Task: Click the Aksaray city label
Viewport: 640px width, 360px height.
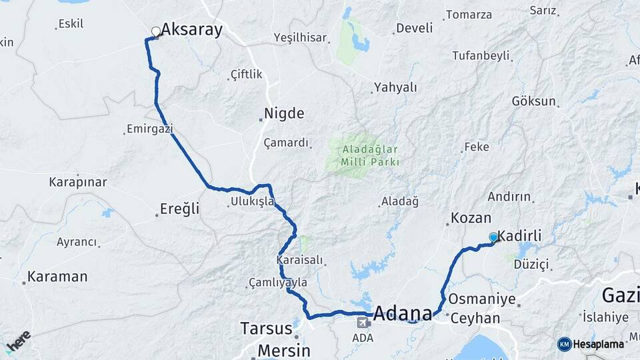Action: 191,29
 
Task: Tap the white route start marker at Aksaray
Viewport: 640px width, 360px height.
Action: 155,31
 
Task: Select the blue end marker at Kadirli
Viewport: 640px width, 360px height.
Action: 493,237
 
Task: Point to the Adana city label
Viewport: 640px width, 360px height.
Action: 403,313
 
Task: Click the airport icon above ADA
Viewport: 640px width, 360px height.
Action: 363,323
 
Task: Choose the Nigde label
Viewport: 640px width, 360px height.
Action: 284,113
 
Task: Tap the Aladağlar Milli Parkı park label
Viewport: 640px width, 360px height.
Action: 370,154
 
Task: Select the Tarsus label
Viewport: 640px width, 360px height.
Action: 266,329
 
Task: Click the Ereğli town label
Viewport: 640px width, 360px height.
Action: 179,209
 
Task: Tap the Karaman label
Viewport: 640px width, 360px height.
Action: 57,276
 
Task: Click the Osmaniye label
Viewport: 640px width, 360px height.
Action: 482,299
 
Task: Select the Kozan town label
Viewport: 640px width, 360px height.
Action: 471,218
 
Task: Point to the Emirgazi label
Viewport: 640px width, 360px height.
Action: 150,128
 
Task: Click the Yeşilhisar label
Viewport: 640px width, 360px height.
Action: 300,38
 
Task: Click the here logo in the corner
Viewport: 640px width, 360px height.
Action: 19,341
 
